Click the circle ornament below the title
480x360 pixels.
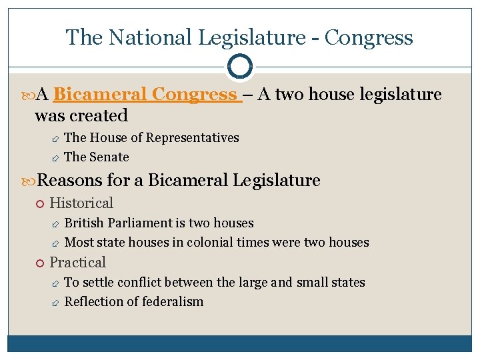(x=239, y=66)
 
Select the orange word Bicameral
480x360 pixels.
(x=102, y=95)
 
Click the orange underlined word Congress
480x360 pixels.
(x=196, y=95)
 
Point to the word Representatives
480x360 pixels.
(x=192, y=138)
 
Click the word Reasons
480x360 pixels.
(x=67, y=180)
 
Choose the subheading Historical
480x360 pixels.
(x=81, y=203)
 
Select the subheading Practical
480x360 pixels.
(x=78, y=262)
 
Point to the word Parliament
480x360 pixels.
(x=140, y=223)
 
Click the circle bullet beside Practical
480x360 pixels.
(x=41, y=263)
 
